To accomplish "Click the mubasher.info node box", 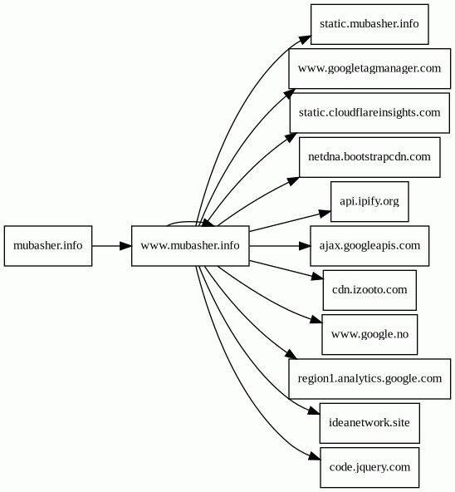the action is click(x=48, y=246).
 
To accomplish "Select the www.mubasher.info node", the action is click(x=190, y=246).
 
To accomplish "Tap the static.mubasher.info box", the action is click(x=369, y=24).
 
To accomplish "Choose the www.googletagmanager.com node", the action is click(x=369, y=68).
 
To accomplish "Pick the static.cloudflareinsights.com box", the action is click(x=369, y=113).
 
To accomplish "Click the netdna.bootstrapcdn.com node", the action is click(x=369, y=157).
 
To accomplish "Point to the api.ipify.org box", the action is click(x=369, y=201).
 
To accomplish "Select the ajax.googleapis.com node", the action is click(x=369, y=246).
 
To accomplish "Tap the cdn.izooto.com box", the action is click(x=369, y=290).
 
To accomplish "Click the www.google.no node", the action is click(x=369, y=334).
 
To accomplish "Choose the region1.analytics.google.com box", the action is click(x=369, y=379).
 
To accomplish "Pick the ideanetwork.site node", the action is click(x=369, y=423).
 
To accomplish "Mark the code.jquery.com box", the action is click(x=369, y=468).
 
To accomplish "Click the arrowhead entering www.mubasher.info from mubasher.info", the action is click(x=125, y=246).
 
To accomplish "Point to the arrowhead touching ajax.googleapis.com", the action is click(x=305, y=246).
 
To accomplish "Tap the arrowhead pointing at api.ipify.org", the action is click(x=325, y=214).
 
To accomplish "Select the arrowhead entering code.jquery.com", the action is click(x=315, y=456).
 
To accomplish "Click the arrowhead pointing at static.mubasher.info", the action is click(x=305, y=40).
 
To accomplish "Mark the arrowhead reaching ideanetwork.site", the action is click(x=314, y=411).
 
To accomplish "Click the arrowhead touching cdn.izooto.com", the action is click(x=317, y=277).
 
